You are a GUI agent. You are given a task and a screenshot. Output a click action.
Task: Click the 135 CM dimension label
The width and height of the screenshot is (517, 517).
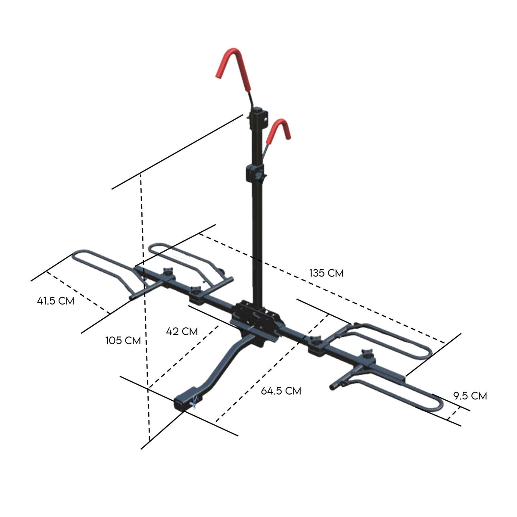click(x=326, y=273)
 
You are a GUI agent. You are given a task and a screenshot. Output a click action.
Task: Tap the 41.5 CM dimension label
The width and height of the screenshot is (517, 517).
click(x=56, y=301)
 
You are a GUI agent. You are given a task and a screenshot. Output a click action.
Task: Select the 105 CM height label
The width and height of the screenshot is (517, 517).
click(x=123, y=340)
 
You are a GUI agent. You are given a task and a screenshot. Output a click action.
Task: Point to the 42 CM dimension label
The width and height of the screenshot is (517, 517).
click(x=182, y=331)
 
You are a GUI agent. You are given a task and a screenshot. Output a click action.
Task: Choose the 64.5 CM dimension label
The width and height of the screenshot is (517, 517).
click(x=281, y=391)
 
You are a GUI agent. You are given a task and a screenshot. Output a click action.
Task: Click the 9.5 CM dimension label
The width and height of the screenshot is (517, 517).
click(x=470, y=396)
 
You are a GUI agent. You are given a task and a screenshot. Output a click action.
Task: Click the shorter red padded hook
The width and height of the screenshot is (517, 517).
click(x=280, y=129)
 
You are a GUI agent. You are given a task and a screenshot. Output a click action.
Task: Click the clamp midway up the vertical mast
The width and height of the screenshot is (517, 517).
click(x=255, y=173)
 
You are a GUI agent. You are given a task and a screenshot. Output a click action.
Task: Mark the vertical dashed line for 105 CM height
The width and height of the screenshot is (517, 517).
click(x=145, y=302)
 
